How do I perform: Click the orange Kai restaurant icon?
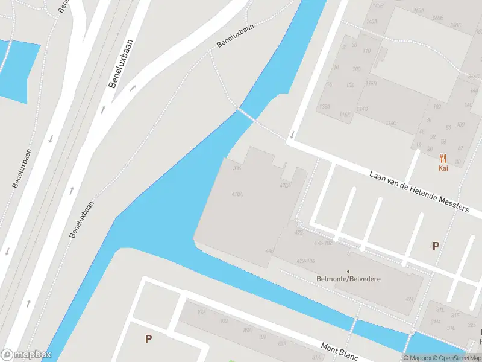coord(443,159)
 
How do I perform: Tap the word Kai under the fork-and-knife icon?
coord(443,168)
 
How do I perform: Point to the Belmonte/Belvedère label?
coord(349,279)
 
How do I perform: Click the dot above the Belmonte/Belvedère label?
coord(348,271)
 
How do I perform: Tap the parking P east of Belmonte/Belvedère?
coord(436,246)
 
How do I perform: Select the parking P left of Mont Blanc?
coord(148,339)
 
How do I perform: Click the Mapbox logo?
coord(25,355)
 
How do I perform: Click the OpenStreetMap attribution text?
coord(459,358)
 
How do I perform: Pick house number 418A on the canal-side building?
coord(237,194)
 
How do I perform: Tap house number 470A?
coord(285,186)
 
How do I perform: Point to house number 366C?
coord(455,25)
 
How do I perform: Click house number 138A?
coord(325,106)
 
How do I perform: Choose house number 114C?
coord(390,123)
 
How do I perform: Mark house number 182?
coord(437,107)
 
